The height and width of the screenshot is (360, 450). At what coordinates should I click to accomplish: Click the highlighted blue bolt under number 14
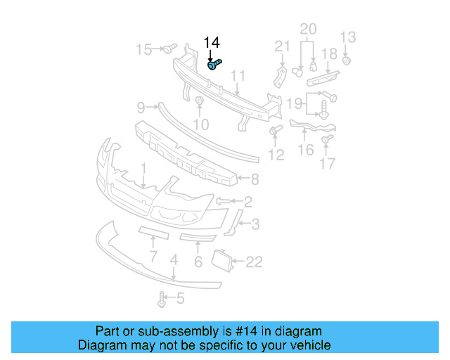pos(215,65)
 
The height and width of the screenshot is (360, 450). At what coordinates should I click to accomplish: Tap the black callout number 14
pos(212,44)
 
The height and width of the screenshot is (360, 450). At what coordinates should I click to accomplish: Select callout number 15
pos(143,49)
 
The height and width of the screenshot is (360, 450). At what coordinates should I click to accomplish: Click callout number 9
pos(141,108)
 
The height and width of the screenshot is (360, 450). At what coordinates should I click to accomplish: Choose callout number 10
pos(201,124)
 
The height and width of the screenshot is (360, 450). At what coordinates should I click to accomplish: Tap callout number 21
pos(282,46)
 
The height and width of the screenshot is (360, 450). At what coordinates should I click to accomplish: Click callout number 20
pos(309,29)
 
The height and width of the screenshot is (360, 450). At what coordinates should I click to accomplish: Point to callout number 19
pos(295,104)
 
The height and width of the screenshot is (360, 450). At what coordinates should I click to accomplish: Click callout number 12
pos(276,154)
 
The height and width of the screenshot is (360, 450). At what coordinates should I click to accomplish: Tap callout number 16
pos(306,149)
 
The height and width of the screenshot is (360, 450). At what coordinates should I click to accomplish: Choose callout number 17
pos(327,165)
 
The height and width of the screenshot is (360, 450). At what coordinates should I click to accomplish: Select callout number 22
pos(254,262)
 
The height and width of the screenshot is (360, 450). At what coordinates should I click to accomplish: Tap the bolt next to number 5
pos(162,300)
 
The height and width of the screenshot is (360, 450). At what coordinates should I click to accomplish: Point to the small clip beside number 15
pos(169,49)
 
